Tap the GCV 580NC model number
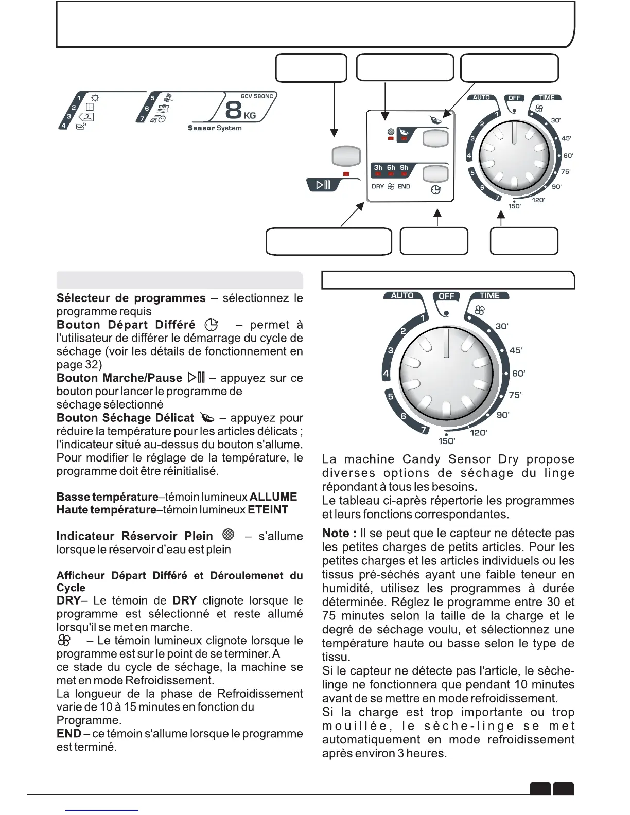257,96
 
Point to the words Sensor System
215,128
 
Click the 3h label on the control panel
378,167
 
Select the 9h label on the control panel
404,167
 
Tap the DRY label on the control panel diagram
378,187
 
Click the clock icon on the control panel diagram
435,190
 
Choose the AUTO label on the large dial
402,296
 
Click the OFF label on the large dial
446,296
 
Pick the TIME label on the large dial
489,296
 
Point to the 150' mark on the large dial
446,441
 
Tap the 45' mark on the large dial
515,350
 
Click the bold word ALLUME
273,497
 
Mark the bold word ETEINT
268,510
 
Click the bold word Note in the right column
336,533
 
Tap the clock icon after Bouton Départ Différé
211,325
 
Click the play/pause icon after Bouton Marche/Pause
197,378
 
